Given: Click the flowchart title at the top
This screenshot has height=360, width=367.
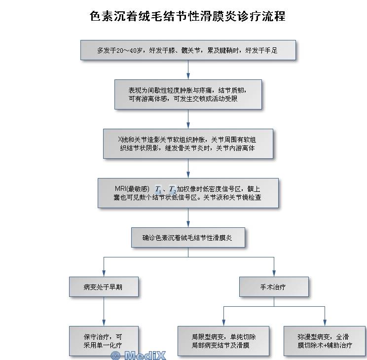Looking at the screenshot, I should (x=187, y=16).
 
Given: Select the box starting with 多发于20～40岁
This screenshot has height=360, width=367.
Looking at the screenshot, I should (x=188, y=50).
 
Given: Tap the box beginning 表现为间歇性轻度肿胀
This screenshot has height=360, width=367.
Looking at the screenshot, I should (x=188, y=94).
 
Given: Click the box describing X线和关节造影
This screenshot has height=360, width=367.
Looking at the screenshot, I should (x=188, y=144).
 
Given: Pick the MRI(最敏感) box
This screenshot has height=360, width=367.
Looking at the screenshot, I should (x=188, y=193).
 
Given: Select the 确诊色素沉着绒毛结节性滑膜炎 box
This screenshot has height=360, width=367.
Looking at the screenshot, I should (x=188, y=237).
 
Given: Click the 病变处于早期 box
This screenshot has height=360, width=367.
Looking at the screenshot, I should (x=104, y=287).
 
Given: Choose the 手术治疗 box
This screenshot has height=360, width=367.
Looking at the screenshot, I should (x=274, y=287).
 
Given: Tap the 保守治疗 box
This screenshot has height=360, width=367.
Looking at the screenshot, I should (x=103, y=341).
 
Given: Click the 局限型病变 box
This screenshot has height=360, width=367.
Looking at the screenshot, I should (x=223, y=341).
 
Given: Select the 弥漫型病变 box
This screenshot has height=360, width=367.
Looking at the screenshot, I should (x=325, y=341).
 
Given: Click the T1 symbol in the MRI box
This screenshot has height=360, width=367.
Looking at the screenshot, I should (x=158, y=189).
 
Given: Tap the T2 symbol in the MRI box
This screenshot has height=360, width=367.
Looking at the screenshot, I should (x=172, y=189).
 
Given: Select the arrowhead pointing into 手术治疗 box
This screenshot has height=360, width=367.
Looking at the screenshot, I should (x=274, y=274).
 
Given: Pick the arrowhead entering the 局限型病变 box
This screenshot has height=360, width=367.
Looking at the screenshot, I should (x=223, y=323).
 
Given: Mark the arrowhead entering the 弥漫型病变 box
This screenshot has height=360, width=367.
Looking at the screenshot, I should (x=325, y=323).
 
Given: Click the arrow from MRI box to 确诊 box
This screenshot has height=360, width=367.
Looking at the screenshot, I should (x=188, y=217).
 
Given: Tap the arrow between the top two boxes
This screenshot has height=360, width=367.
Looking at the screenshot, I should (x=188, y=70).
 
